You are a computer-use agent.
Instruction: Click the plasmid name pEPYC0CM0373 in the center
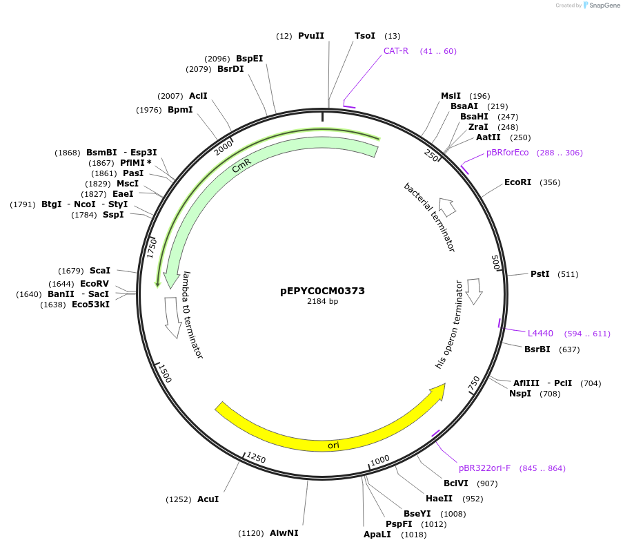coord(322,291)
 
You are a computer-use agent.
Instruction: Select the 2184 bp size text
coord(322,301)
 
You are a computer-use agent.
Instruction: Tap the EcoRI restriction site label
coord(517,182)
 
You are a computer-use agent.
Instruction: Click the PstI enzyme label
coord(540,274)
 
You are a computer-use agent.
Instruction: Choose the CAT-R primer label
coord(396,51)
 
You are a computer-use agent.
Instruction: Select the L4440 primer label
coord(540,334)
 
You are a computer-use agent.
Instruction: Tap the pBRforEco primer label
coord(507,153)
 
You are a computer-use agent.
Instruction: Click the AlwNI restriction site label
coord(284,533)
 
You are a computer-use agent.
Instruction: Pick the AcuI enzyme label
coord(208,499)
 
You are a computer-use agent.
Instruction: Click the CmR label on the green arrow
coord(241,166)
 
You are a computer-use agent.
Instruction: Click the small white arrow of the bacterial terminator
coord(447,207)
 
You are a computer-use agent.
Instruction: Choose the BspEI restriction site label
coord(249,59)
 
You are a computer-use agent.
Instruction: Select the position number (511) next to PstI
coord(567,274)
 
